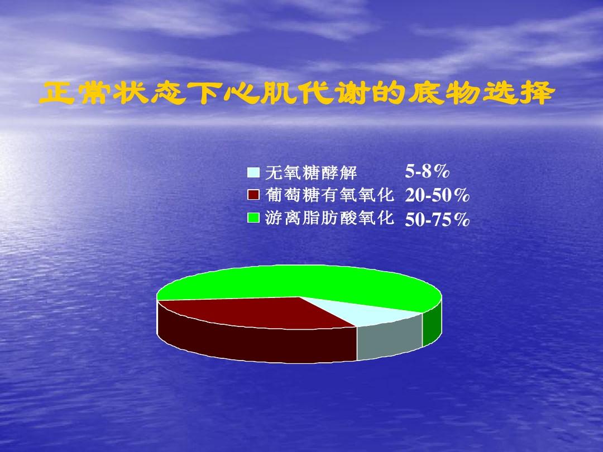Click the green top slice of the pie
(x=313, y=282)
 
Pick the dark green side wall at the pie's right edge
(x=432, y=326)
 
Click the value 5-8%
(x=428, y=171)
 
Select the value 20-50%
(x=437, y=195)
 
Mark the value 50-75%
(x=437, y=220)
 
